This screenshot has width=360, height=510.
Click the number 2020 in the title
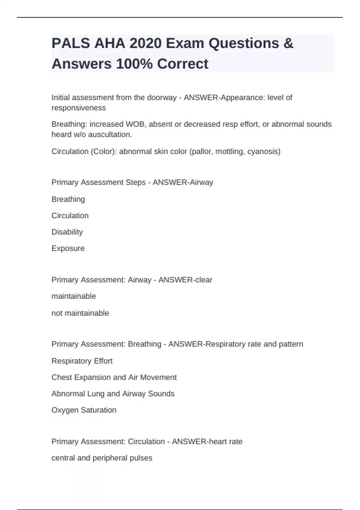point(145,43)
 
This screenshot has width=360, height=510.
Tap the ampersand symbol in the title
point(288,43)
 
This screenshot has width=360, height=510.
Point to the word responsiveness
point(79,108)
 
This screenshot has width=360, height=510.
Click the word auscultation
point(112,135)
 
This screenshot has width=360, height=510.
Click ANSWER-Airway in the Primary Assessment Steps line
point(183,182)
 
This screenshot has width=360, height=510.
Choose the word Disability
point(67,232)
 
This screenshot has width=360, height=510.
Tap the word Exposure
point(68,248)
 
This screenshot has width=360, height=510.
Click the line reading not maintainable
point(80,313)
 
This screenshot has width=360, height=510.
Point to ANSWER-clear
point(185,280)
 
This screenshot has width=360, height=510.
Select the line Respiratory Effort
point(82,361)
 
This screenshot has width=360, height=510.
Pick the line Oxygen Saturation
point(84,410)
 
